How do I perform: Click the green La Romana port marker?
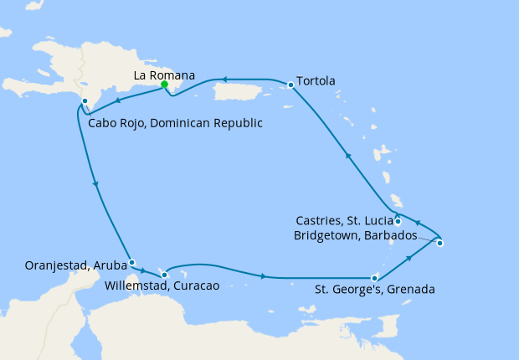pyautogui.click(x=165, y=85)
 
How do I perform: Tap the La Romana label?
pyautogui.click(x=165, y=75)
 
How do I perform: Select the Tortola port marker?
pyautogui.click(x=290, y=85)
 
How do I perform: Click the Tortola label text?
pyautogui.click(x=316, y=81)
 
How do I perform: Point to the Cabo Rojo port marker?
pyautogui.click(x=85, y=101)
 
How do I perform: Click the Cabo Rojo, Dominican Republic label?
pyautogui.click(x=175, y=123)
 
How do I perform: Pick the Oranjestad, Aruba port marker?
pyautogui.click(x=131, y=262)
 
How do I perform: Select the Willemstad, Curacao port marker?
pyautogui.click(x=165, y=275)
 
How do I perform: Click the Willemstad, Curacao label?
pyautogui.click(x=162, y=286)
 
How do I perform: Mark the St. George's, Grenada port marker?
pyautogui.click(x=374, y=278)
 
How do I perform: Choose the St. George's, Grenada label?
pyautogui.click(x=374, y=291)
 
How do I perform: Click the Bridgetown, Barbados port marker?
pyautogui.click(x=440, y=244)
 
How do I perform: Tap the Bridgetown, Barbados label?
pyautogui.click(x=355, y=235)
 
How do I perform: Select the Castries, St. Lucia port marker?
pyautogui.click(x=398, y=222)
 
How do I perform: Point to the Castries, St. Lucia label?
pyautogui.click(x=344, y=221)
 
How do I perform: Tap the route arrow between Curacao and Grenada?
pyautogui.click(x=265, y=276)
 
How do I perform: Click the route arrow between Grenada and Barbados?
pyautogui.click(x=409, y=260)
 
